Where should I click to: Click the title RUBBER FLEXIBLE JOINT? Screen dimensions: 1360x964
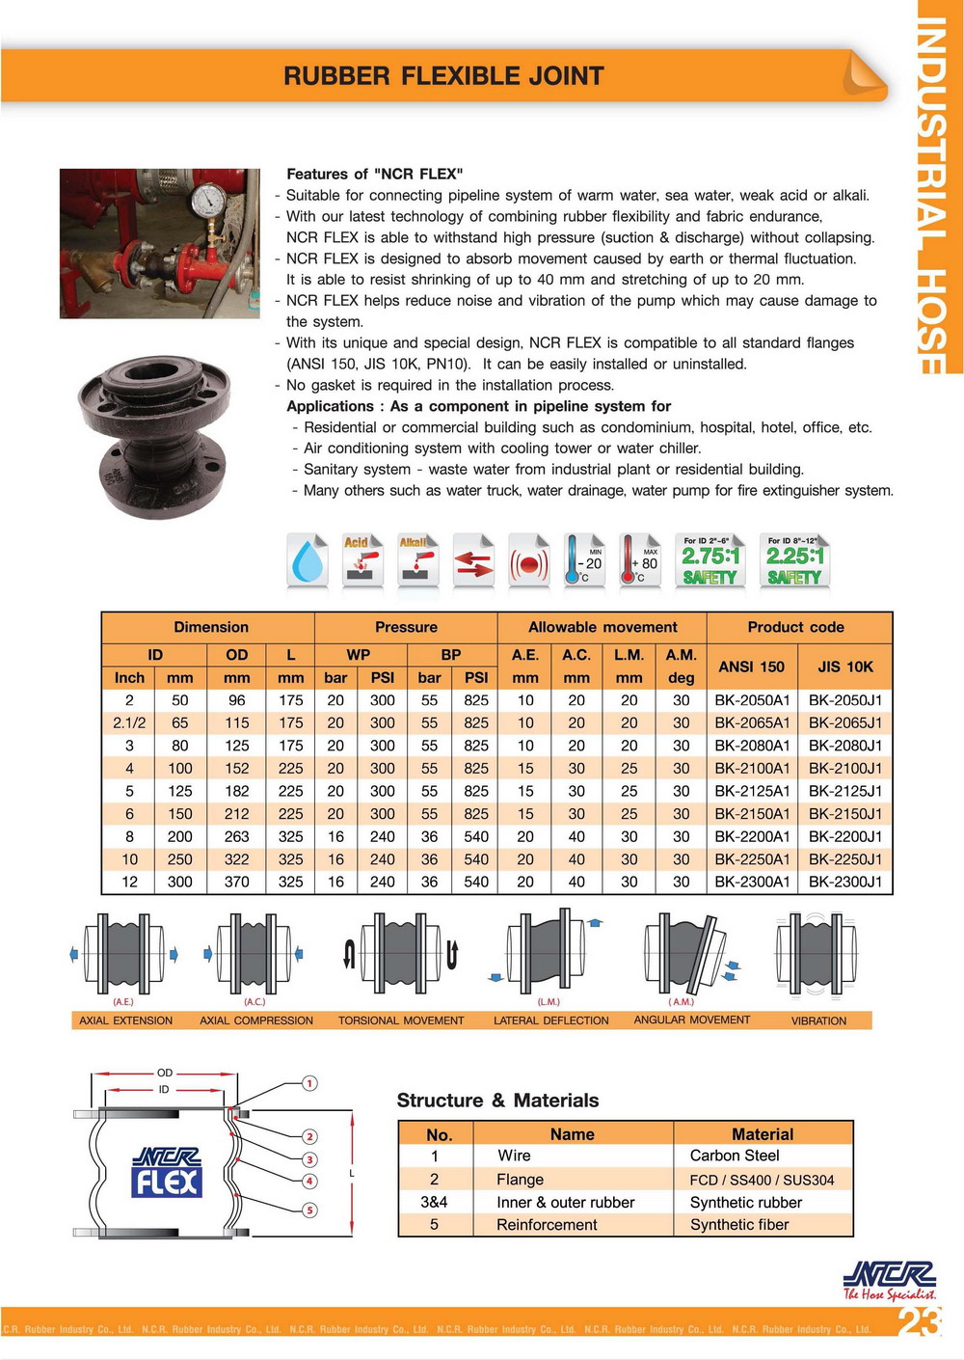pos(443,76)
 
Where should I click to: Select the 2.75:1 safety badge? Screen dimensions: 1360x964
pos(710,561)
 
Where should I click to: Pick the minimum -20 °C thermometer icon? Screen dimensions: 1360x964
pos(585,561)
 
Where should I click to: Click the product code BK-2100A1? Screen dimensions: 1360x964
pos(752,769)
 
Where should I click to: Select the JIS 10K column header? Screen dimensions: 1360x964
pos(845,666)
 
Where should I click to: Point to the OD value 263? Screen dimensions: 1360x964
pos(237,837)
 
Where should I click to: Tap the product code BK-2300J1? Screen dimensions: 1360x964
pos(845,882)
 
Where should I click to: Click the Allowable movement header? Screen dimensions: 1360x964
pos(602,627)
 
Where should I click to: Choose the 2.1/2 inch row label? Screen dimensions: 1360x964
pos(129,723)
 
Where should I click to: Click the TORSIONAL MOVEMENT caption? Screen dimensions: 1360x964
pos(401,1020)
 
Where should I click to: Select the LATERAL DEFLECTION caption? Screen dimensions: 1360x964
pos(551,1020)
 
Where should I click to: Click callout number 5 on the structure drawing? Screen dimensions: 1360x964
pos(309,1210)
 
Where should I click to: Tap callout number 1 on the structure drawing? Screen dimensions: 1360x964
pos(309,1083)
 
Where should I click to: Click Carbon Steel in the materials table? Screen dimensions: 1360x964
pos(735,1156)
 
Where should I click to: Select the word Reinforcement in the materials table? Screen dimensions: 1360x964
pos(547,1225)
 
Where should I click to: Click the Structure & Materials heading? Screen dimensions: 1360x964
pos(497,1101)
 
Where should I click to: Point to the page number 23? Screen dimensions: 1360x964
pos(919,1320)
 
